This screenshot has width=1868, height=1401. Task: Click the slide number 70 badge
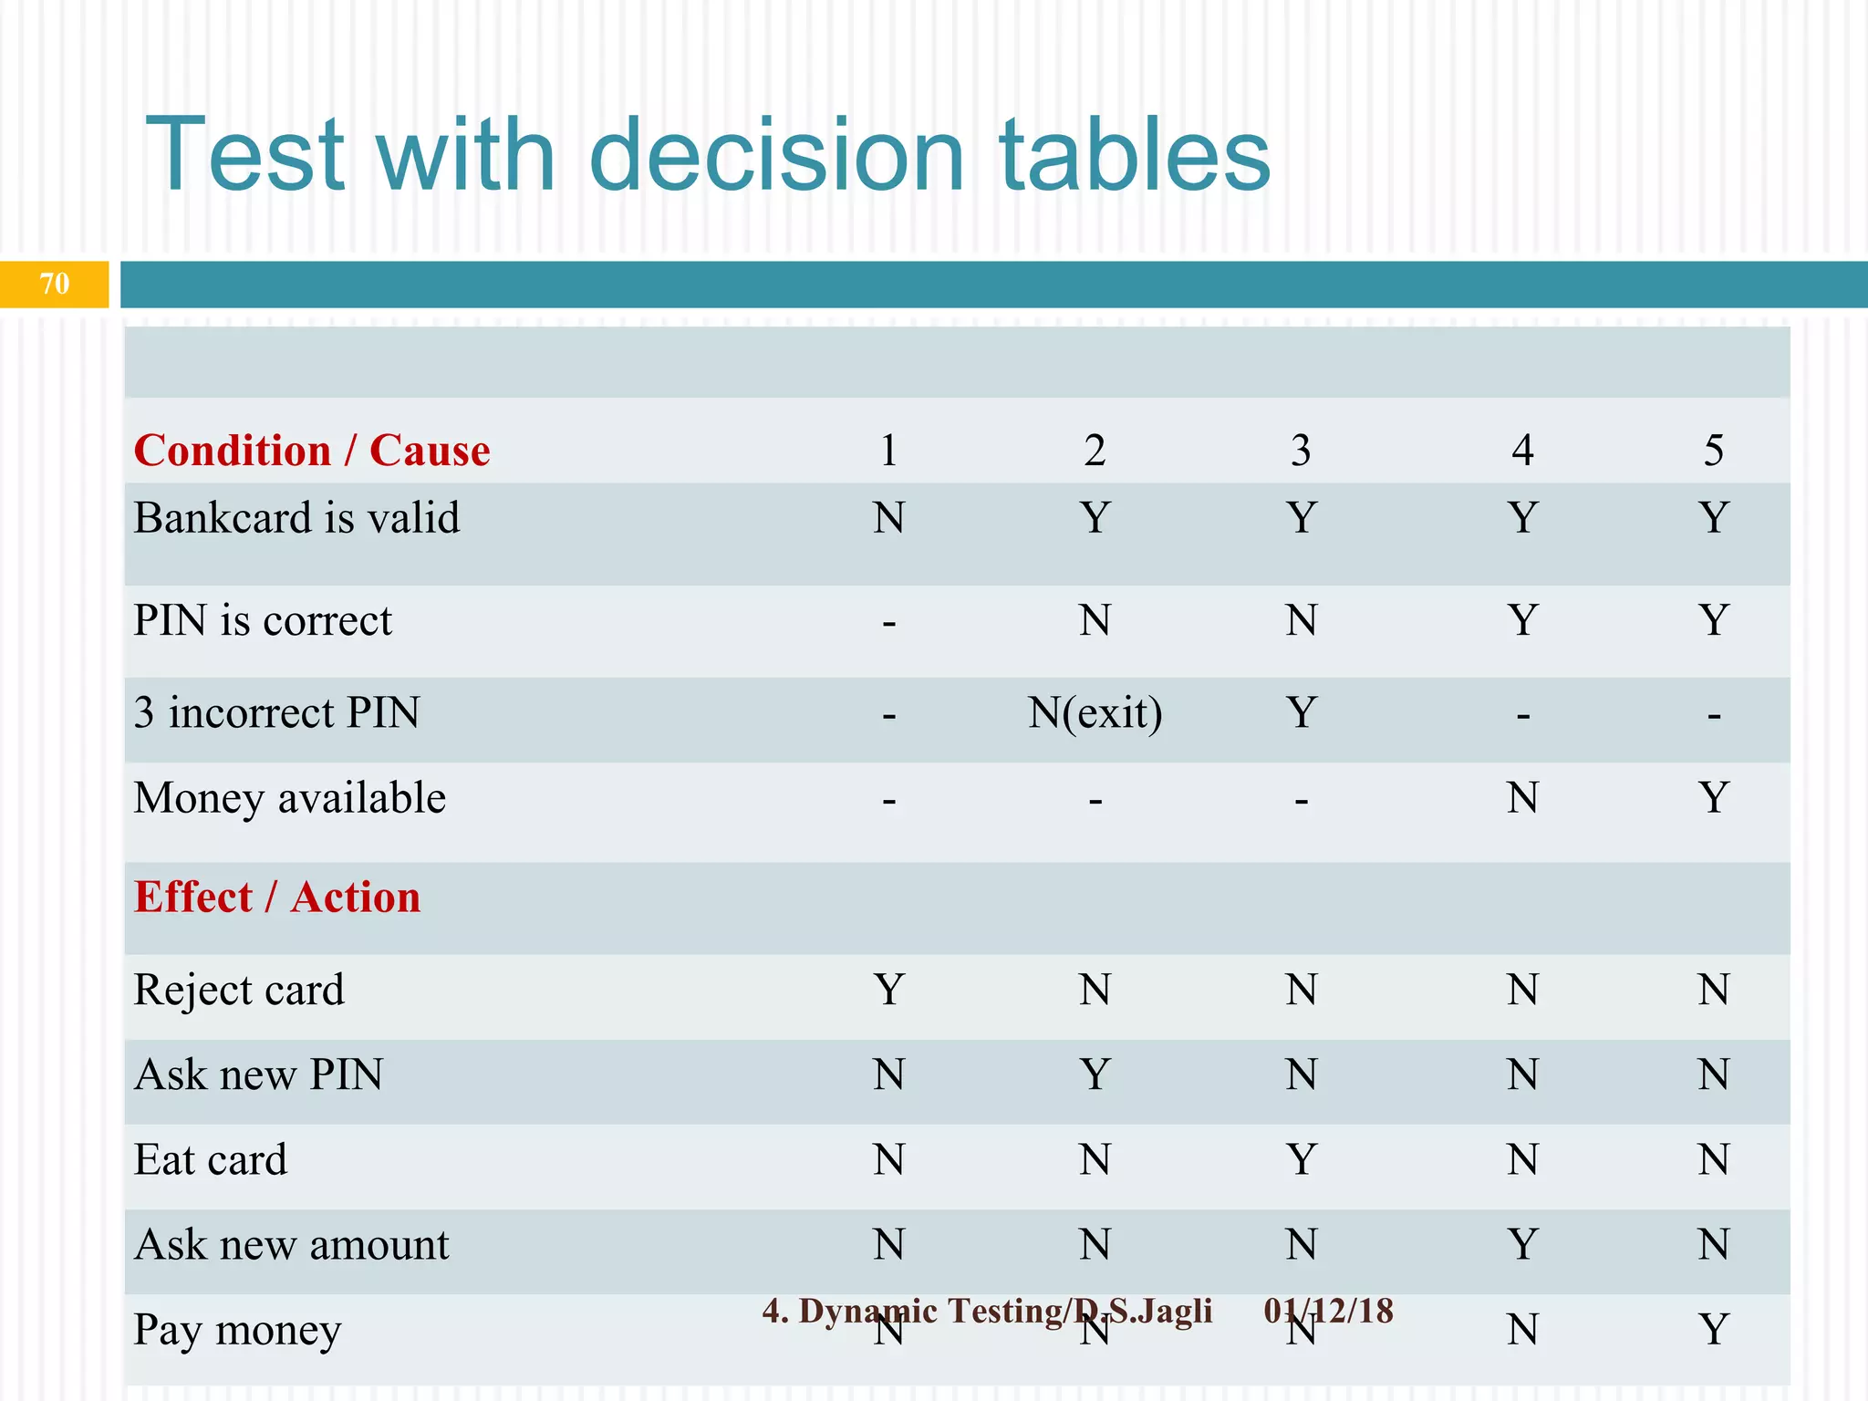pos(54,284)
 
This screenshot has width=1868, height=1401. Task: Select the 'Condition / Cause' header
pos(312,451)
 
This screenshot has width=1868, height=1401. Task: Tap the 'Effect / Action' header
pos(277,898)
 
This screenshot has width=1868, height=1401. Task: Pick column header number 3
pos(1301,451)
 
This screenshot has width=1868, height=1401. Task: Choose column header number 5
pos(1713,451)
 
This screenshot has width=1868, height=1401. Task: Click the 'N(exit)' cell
pos(1095,713)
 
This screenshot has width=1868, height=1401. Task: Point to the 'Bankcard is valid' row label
pos(296,518)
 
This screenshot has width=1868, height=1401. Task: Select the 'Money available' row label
pos(289,798)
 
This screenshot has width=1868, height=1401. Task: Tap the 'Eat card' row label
pos(210,1160)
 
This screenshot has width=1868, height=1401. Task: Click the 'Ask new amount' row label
pos(291,1245)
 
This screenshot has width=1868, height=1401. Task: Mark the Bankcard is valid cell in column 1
pos(888,518)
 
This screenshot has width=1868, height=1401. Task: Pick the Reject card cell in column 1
pos(888,990)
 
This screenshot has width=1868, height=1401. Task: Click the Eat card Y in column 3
pos(1301,1160)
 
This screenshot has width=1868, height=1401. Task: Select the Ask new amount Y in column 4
pos(1522,1245)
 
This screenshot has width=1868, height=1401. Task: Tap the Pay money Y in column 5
pos(1713,1330)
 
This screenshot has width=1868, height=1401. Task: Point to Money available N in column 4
pos(1522,798)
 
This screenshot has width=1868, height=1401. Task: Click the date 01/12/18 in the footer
pos(1328,1311)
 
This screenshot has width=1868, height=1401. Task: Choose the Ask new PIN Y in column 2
pos(1095,1074)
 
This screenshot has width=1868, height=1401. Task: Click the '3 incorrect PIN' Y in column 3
pos(1301,713)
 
